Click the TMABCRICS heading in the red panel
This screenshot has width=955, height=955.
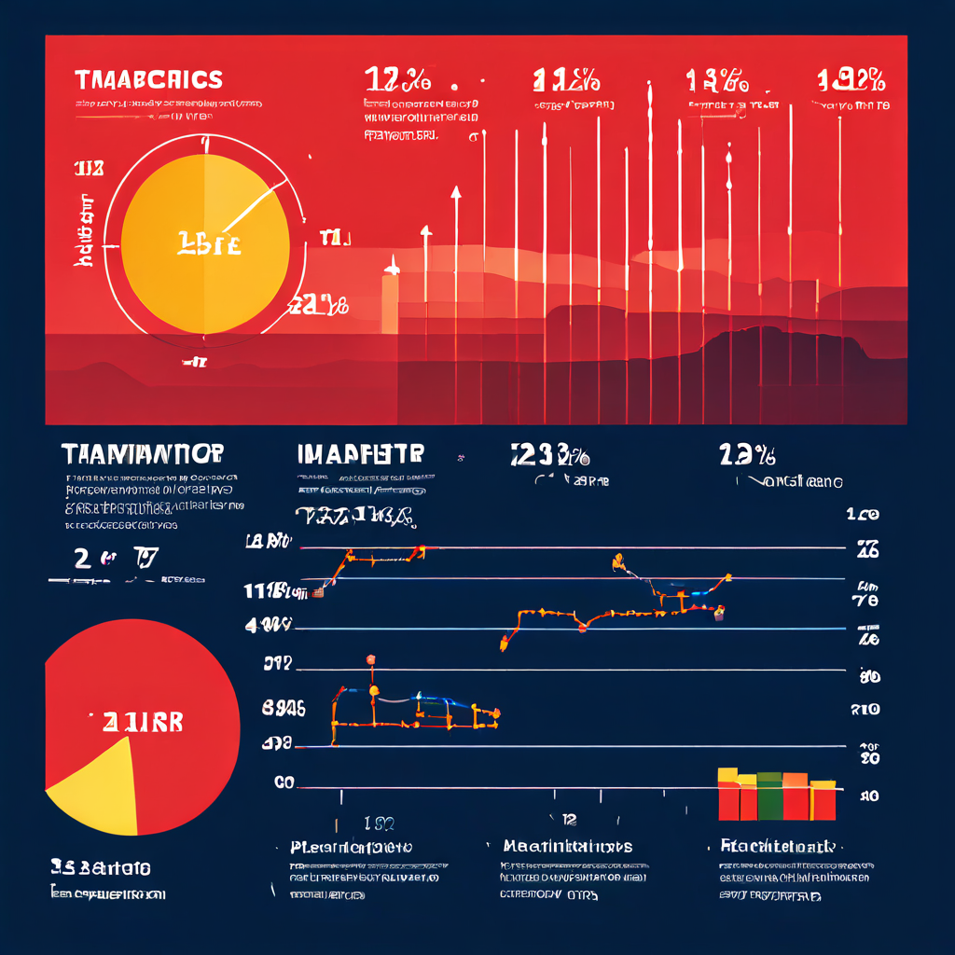pos(148,79)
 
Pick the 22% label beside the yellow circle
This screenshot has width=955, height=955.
pos(320,305)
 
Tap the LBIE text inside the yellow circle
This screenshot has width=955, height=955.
pos(208,245)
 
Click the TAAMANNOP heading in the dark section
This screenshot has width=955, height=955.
pos(142,454)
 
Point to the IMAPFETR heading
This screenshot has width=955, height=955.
pos(360,454)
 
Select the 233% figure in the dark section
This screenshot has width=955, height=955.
pos(549,455)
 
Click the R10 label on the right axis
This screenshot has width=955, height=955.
pos(865,710)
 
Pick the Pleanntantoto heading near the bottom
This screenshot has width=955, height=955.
pos(351,847)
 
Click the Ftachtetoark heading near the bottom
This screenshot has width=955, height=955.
pos(777,846)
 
